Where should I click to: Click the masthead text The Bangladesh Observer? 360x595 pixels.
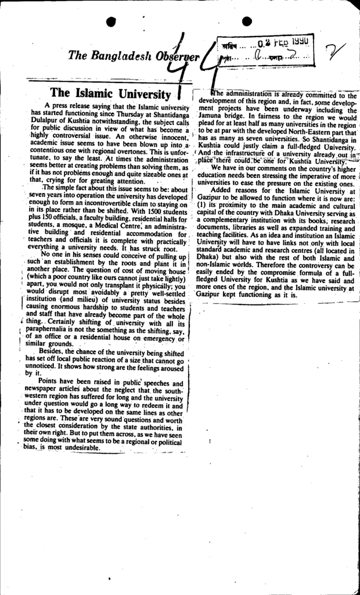pyautogui.click(x=134, y=56)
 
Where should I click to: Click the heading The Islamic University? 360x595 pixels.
pyautogui.click(x=110, y=93)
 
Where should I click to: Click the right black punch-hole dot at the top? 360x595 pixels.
pyautogui.click(x=246, y=21)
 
